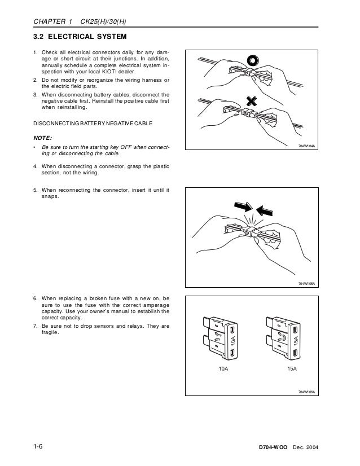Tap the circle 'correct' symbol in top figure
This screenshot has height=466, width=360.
252,60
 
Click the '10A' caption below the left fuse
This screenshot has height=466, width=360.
223,368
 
